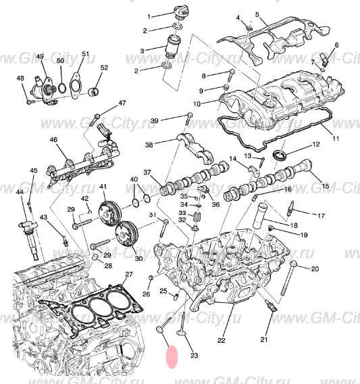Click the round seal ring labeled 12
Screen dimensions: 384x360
pos(278,158)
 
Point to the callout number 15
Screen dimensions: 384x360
pos(325,186)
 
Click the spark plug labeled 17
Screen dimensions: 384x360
pos(290,208)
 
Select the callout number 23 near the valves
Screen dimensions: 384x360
pos(195,355)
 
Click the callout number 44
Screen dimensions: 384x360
pos(20,193)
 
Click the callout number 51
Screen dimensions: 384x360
pos(85,53)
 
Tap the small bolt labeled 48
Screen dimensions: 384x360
pos(30,101)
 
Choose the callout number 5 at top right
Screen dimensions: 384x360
pos(257,14)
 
